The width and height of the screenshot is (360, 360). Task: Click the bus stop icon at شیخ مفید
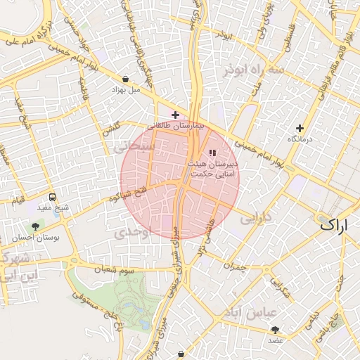click(x=53, y=197)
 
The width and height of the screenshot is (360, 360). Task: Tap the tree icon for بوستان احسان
click(x=34, y=226)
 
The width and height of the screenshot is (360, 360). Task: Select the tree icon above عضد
click(x=275, y=329)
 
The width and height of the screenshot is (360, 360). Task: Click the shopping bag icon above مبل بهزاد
click(x=125, y=79)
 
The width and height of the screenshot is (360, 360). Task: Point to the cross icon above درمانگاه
click(x=300, y=128)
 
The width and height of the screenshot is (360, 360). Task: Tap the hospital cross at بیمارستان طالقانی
click(x=175, y=115)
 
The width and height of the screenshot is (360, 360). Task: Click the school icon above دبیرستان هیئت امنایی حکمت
click(x=212, y=153)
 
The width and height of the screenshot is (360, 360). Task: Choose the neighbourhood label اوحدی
click(x=133, y=233)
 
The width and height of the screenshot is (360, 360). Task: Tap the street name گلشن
click(x=111, y=129)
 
